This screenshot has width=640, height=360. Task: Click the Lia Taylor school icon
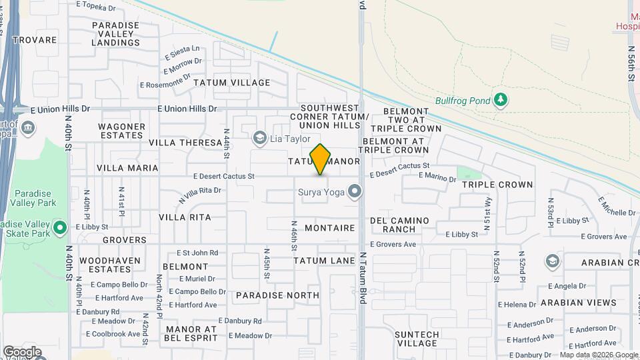pyautogui.click(x=260, y=139)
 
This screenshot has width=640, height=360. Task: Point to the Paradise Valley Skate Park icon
pyautogui.click(x=60, y=229)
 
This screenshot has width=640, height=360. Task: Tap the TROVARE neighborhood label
pyautogui.click(x=34, y=40)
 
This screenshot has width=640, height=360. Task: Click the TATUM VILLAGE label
pyautogui.click(x=232, y=83)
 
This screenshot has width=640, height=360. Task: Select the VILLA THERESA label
pyautogui.click(x=185, y=143)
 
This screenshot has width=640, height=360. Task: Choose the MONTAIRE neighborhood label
pyautogui.click(x=329, y=228)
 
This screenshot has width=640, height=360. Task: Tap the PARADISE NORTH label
pyautogui.click(x=277, y=295)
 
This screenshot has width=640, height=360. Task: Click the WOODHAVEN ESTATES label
pyautogui.click(x=105, y=265)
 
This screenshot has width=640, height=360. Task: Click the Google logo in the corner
pyautogui.click(x=22, y=351)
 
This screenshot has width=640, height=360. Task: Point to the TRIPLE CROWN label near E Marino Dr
pyautogui.click(x=497, y=185)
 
